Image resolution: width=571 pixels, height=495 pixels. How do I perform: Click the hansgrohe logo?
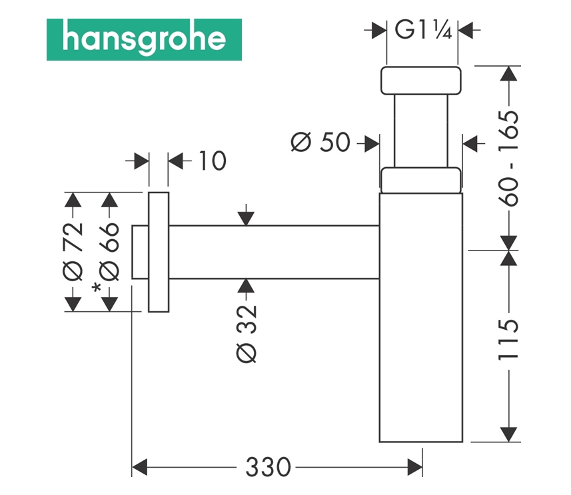tap(144, 39)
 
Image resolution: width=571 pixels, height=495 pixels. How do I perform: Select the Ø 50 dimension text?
tap(320, 142)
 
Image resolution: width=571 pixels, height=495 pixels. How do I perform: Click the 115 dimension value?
tap(510, 339)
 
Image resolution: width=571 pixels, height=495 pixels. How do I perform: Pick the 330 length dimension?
tap(268, 467)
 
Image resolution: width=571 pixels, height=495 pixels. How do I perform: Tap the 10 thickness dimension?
tap(212, 161)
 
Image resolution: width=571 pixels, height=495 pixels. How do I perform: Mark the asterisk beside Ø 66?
tap(97, 288)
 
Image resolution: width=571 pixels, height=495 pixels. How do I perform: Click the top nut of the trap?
tap(420, 80)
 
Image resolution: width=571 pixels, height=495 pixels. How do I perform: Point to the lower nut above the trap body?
tap(420, 179)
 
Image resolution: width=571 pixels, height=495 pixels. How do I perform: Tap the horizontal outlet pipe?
tap(273, 252)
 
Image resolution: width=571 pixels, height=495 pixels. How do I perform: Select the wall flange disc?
tap(159, 252)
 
